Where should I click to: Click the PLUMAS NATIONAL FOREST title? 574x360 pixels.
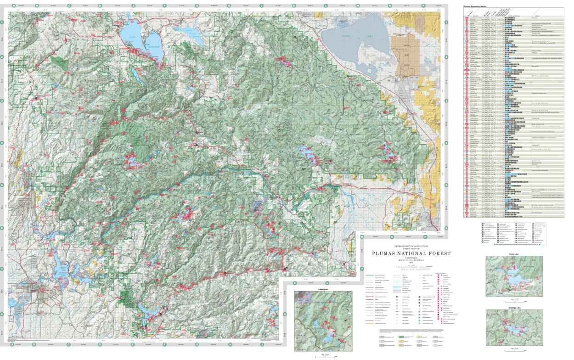[411, 253]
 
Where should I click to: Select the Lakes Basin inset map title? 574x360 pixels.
[324, 289]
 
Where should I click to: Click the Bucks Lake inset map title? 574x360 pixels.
[514, 253]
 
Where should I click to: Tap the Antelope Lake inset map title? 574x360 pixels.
[514, 307]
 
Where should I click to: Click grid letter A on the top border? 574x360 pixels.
[13, 6]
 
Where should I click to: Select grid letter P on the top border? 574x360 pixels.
[423, 6]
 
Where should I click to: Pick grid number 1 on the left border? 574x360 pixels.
[2, 22]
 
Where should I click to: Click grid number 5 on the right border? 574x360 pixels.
[446, 185]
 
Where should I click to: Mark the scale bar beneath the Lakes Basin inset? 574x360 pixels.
[324, 355]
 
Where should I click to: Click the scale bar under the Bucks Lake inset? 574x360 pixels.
[514, 299]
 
